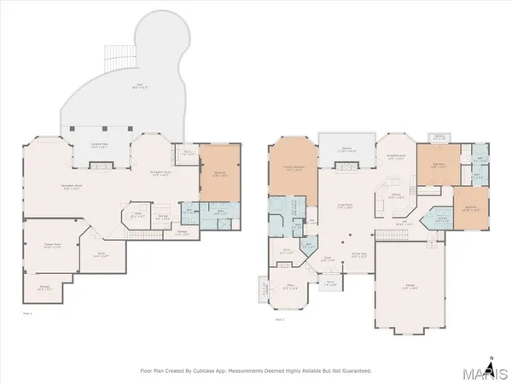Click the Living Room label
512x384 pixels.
pos(344,207)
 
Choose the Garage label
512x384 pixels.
pos(409,288)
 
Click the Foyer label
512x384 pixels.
pos(327,259)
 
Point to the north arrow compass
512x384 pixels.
pos(491,358)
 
